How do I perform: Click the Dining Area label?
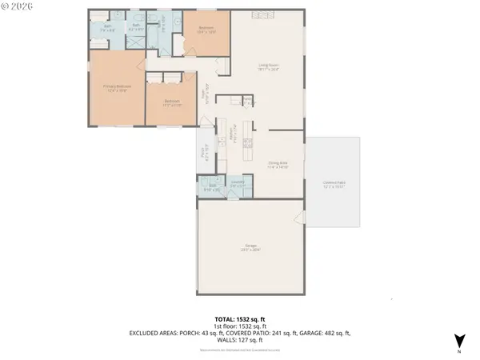[278, 165]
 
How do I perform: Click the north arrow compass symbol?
[458, 341]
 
